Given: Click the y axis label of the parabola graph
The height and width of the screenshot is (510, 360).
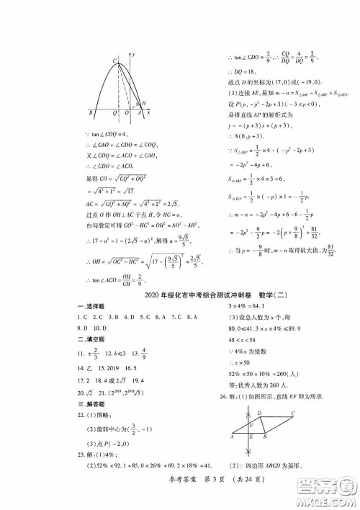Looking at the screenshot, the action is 135,55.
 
